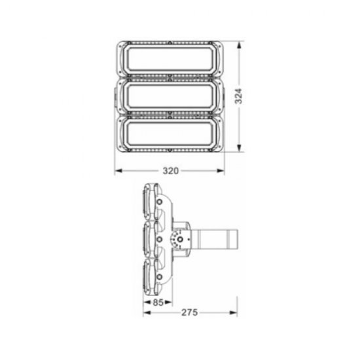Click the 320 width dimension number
170,171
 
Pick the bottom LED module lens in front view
169,134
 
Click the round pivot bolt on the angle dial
177,240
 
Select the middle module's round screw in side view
159,240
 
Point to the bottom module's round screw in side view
159,276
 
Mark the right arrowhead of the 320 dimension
223,171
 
